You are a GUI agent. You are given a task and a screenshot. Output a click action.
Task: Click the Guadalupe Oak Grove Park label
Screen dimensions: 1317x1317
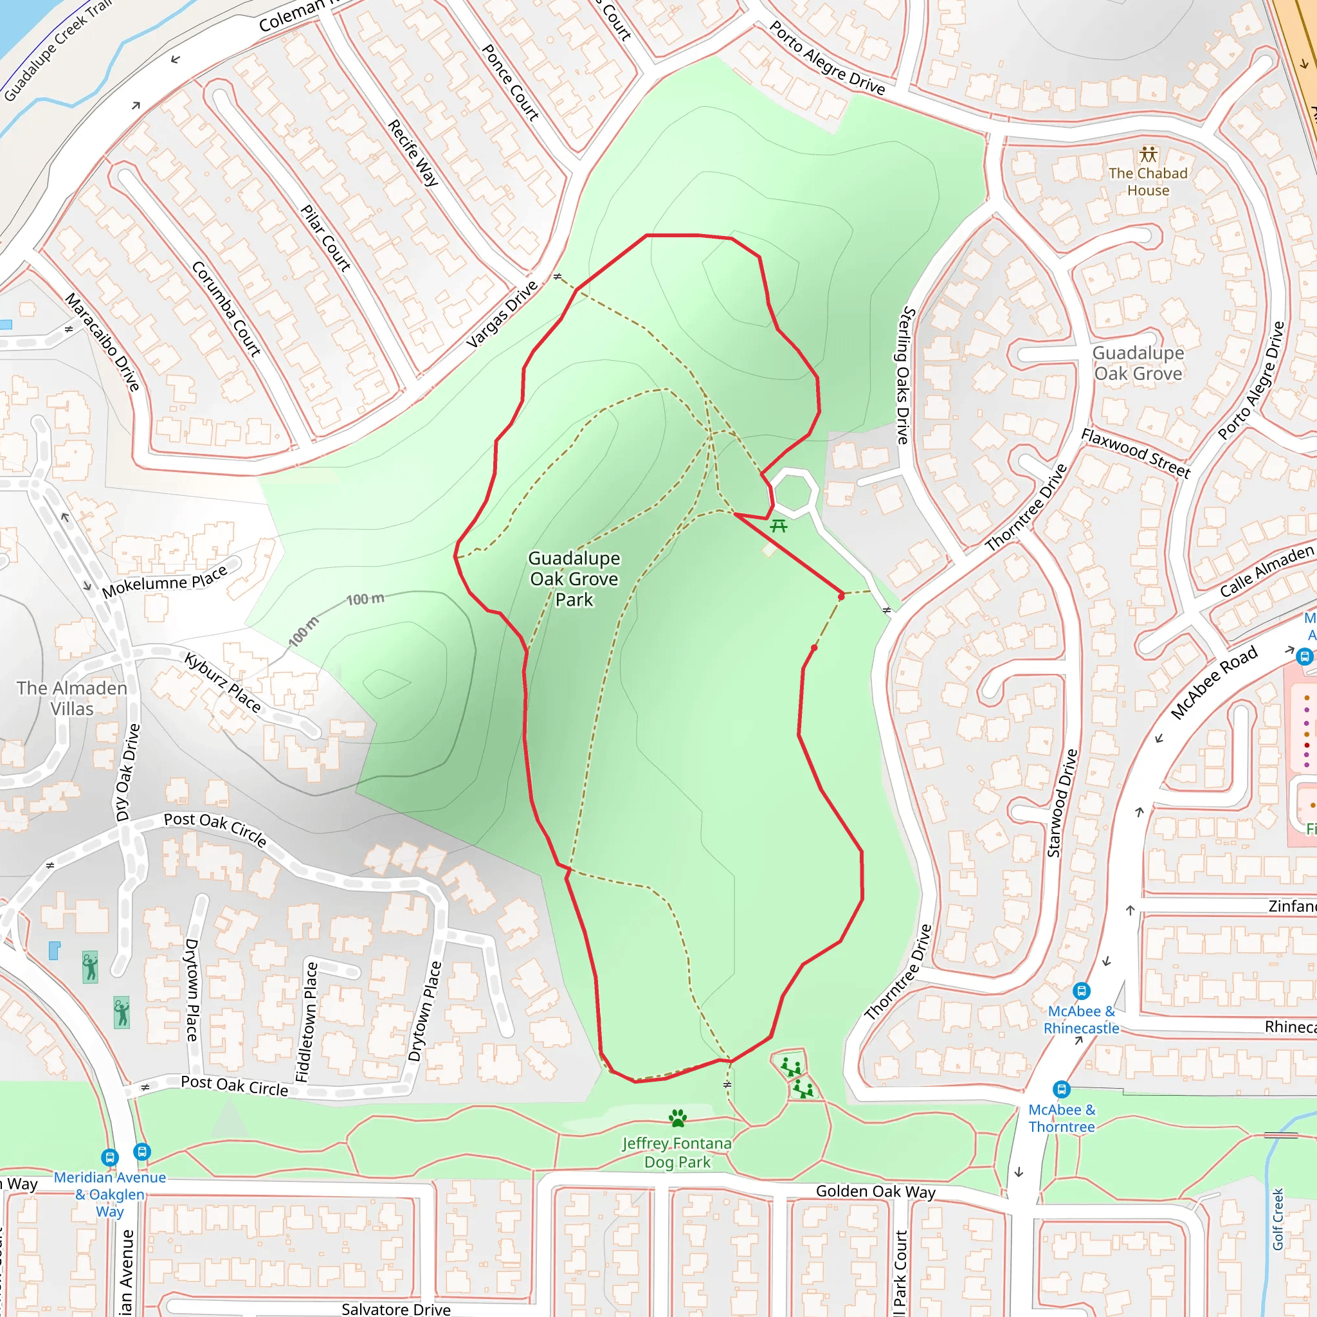click(574, 579)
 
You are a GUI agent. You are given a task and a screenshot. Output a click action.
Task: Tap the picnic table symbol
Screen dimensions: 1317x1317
click(779, 525)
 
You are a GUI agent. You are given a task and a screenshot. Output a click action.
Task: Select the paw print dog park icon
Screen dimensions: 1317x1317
click(678, 1118)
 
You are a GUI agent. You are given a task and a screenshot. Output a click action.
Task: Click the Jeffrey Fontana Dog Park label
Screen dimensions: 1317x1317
click(677, 1153)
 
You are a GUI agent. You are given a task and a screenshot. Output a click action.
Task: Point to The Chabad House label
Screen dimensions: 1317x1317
click(1148, 182)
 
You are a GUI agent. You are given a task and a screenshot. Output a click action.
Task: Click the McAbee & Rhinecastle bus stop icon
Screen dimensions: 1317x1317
click(1081, 990)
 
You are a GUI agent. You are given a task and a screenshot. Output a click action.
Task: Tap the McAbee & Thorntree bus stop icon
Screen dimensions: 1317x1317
click(1061, 1089)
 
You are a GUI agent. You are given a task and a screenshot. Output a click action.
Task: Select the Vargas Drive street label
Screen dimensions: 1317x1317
click(502, 314)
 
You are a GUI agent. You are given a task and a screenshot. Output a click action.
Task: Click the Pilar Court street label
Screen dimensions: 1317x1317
click(326, 238)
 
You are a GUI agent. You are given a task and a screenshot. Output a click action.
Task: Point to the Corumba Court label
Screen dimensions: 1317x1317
click(226, 309)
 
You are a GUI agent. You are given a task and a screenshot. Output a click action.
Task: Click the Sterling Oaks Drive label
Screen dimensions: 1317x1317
click(904, 375)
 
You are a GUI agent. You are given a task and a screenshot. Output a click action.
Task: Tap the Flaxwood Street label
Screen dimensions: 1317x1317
click(1136, 453)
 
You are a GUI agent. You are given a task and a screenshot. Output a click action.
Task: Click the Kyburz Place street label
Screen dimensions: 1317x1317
click(223, 682)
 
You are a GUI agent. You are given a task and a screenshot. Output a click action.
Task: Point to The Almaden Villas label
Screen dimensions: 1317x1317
click(71, 698)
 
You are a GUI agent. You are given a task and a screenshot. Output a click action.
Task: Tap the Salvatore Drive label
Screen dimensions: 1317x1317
click(395, 1309)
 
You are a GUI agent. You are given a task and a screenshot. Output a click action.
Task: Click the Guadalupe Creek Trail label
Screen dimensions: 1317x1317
click(57, 51)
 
